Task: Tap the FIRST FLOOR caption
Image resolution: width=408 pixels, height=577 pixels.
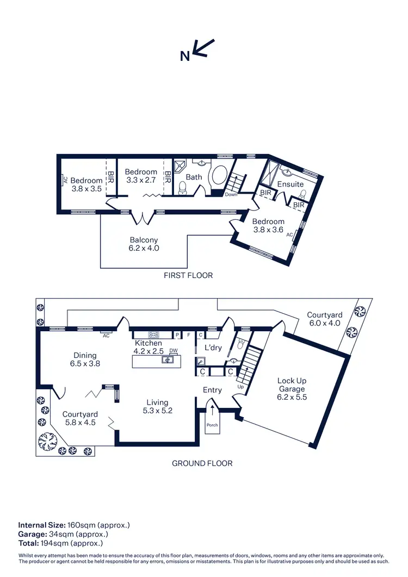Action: (188, 276)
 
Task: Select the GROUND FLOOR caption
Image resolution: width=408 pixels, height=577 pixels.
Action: (202, 463)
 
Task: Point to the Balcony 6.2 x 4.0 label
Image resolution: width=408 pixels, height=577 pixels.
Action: (144, 244)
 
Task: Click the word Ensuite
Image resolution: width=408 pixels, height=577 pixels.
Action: (290, 184)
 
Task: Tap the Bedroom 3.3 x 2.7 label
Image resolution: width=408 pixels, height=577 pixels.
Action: (141, 176)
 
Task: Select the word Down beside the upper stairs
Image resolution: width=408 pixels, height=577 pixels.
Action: (231, 195)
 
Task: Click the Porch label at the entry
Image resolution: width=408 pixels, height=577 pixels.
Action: (212, 425)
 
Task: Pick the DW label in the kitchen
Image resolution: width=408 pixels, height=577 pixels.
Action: (174, 351)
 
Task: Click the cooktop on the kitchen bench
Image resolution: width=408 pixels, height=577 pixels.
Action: (154, 335)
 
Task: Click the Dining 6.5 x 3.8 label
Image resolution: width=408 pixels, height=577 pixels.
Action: (84, 359)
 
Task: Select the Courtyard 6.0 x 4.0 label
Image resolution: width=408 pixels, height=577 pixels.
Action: (324, 319)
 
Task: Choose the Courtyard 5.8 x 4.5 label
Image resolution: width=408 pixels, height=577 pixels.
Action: (80, 418)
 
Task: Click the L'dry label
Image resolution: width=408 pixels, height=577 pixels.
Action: (212, 348)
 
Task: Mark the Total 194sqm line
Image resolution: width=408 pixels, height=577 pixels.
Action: (60, 543)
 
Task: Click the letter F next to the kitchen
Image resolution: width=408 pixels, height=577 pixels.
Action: (189, 335)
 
